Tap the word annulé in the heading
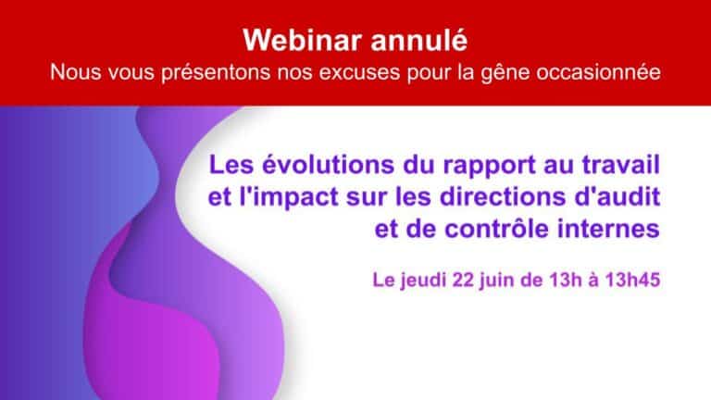coord(419,41)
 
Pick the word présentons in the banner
coord(216,73)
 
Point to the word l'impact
coord(289,198)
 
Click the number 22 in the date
coord(464,280)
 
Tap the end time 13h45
coord(632,280)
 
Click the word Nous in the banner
coord(75,72)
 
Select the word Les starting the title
coord(231,165)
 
